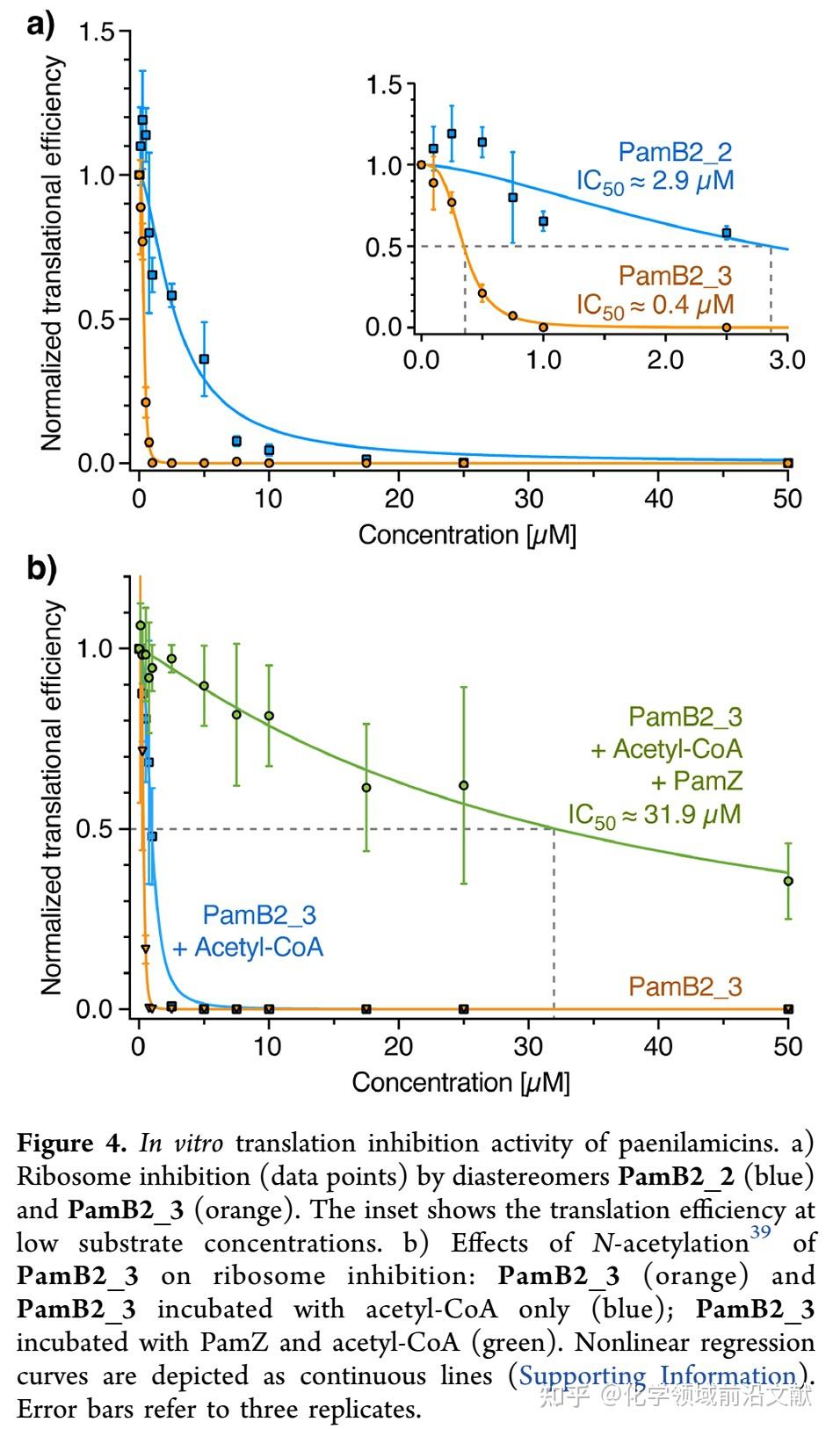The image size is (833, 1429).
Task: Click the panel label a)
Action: (x=40, y=24)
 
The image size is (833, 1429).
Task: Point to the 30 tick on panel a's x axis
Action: (x=528, y=499)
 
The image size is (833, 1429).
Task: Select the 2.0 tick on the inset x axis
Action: (x=665, y=360)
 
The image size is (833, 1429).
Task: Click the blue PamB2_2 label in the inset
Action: (x=675, y=152)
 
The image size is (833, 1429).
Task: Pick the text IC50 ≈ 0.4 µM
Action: (x=655, y=306)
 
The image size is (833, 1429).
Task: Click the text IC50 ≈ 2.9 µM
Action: (x=655, y=182)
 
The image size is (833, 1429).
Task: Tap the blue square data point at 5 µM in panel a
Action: (x=204, y=359)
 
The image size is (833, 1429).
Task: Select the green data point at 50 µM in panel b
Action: (x=788, y=881)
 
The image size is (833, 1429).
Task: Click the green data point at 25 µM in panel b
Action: (x=464, y=785)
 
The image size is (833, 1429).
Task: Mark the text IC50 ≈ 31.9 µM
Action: (x=654, y=815)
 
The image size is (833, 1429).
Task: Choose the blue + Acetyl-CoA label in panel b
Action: (x=248, y=948)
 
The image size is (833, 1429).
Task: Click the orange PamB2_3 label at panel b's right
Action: (x=685, y=986)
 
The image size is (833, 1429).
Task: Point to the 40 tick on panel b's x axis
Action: (x=658, y=1046)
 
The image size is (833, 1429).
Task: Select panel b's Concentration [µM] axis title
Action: (x=460, y=1082)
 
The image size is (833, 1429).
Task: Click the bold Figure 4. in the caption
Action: (x=72, y=1144)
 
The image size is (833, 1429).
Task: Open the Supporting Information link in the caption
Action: (x=656, y=1375)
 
